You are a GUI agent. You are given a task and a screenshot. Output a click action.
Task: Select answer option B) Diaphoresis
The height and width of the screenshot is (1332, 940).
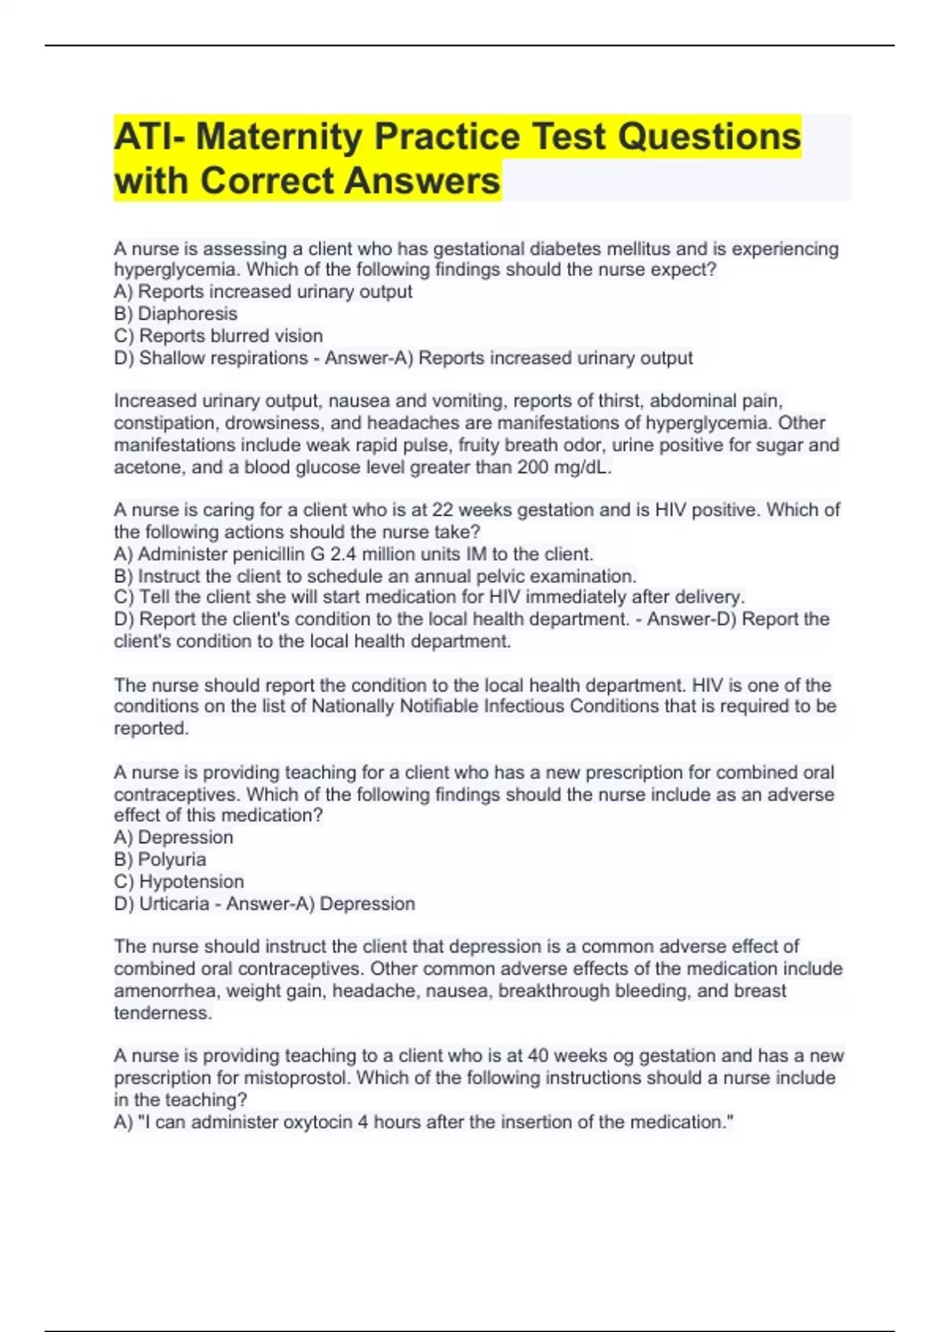click(175, 313)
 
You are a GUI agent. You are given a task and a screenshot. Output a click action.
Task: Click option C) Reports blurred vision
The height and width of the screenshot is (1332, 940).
click(218, 335)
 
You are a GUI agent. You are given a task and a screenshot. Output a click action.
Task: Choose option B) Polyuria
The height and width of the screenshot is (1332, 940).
click(160, 859)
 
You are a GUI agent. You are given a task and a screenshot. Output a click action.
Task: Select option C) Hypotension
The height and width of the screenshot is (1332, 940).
click(179, 881)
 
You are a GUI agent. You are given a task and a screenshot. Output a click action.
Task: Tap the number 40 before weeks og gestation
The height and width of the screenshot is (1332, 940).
click(537, 1055)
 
